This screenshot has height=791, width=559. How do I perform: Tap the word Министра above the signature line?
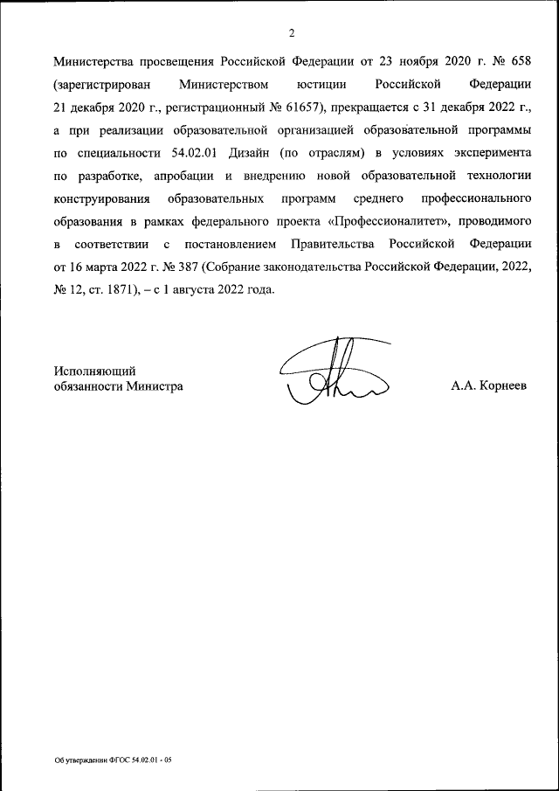[155, 385]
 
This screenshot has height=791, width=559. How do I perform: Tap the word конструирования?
[101, 199]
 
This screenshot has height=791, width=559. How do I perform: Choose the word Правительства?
[360, 245]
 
